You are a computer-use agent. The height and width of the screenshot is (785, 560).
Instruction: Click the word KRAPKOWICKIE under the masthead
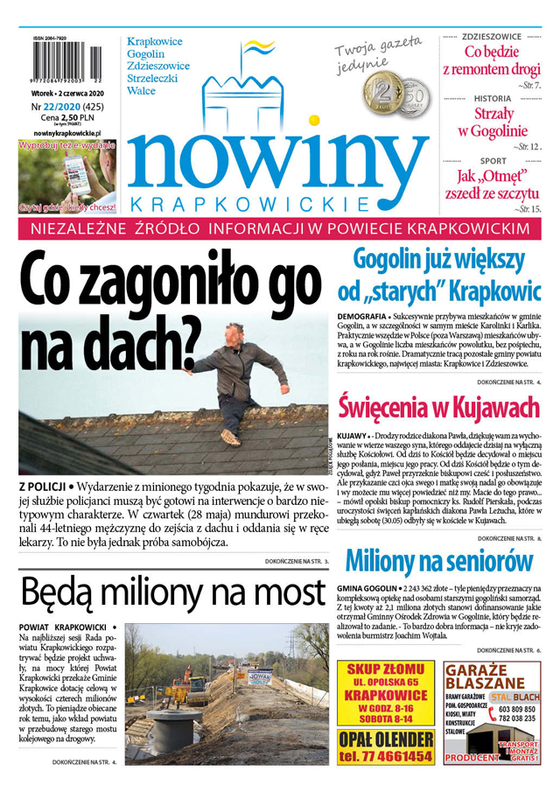pos(250,203)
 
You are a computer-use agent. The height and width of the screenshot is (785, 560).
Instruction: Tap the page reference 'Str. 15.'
pos(528,210)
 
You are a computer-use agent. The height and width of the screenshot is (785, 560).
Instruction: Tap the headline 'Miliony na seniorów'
pos(438,560)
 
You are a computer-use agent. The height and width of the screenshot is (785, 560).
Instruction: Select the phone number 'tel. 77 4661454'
pos(385,755)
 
